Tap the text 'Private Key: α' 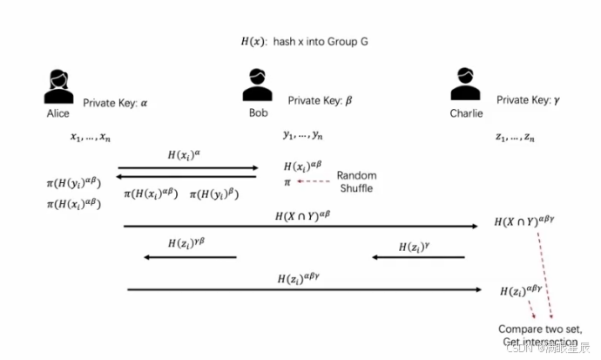(x=116, y=103)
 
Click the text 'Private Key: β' (x=320, y=101)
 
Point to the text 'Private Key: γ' (x=529, y=101)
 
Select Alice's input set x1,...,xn (x=91, y=136)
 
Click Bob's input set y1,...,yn (x=303, y=135)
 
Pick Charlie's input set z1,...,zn (x=516, y=137)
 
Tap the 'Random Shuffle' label (x=356, y=181)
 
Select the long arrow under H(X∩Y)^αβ (x=301, y=226)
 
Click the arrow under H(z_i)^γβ (x=190, y=257)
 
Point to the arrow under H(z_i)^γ (x=417, y=257)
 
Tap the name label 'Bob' (x=259, y=113)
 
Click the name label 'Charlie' (x=466, y=113)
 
